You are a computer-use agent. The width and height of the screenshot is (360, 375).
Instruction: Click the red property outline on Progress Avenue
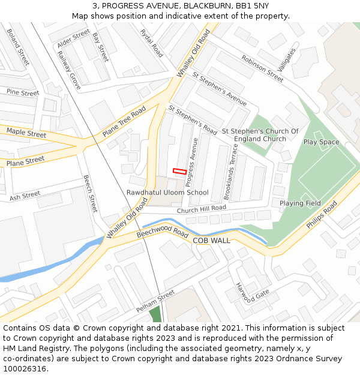pyautogui.click(x=179, y=171)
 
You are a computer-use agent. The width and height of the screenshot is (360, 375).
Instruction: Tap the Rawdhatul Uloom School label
pyautogui.click(x=167, y=193)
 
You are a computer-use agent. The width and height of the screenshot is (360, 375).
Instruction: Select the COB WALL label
pyautogui.click(x=211, y=240)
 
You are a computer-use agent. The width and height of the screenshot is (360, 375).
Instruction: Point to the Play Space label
pyautogui.click(x=321, y=142)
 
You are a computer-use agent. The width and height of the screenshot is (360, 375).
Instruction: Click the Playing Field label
pyautogui.click(x=300, y=203)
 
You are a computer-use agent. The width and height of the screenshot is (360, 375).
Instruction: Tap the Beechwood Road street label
pyautogui.click(x=163, y=233)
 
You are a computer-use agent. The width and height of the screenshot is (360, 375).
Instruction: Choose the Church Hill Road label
pyautogui.click(x=201, y=209)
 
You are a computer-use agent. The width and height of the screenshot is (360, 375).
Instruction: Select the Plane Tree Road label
pyautogui.click(x=124, y=122)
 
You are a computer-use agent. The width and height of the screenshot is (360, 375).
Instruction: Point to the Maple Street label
pyautogui.click(x=26, y=133)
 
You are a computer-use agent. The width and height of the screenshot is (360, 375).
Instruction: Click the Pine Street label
pyautogui.click(x=22, y=93)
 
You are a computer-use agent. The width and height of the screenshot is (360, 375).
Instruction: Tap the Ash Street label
pyautogui.click(x=25, y=195)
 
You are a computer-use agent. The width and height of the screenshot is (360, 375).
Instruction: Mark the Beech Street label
pyautogui.click(x=89, y=194)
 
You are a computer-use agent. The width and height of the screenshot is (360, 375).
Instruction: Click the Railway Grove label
pyautogui.click(x=68, y=70)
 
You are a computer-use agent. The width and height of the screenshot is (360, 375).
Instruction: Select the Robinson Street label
pyautogui.click(x=262, y=68)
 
